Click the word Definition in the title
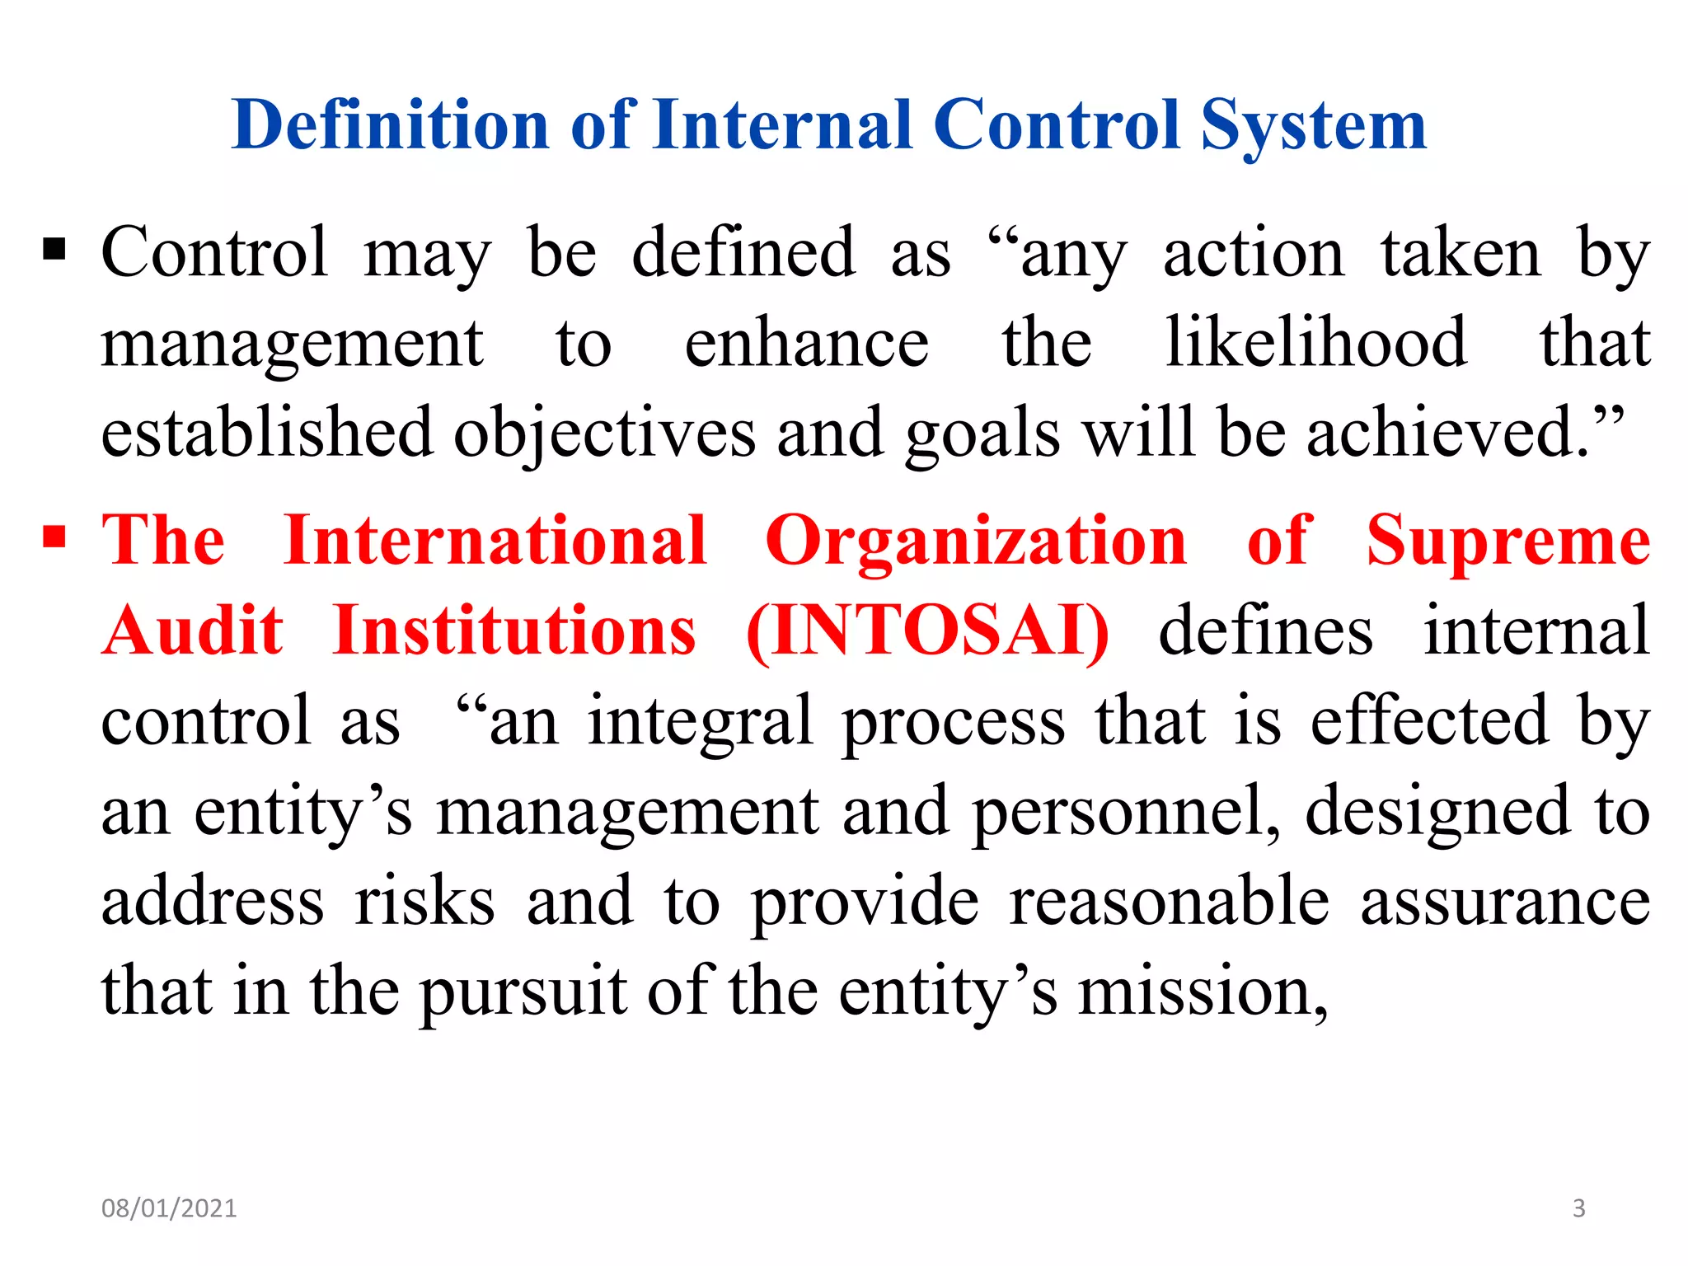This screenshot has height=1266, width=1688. pyautogui.click(x=391, y=125)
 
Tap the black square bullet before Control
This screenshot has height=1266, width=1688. pyautogui.click(x=54, y=248)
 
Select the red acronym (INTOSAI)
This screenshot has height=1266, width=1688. pyautogui.click(x=928, y=631)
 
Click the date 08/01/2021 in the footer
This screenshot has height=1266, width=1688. pyautogui.click(x=169, y=1208)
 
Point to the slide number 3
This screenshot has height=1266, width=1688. pyautogui.click(x=1579, y=1208)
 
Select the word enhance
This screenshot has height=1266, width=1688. pyautogui.click(x=806, y=345)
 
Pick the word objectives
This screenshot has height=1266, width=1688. pyautogui.click(x=605, y=434)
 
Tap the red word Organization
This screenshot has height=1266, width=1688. pyautogui.click(x=977, y=542)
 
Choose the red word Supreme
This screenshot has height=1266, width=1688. pyautogui.click(x=1508, y=542)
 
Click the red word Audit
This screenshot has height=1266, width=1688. pyautogui.click(x=194, y=631)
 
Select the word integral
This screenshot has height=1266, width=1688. pyautogui.click(x=701, y=722)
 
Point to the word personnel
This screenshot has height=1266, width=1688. pyautogui.click(x=1126, y=812)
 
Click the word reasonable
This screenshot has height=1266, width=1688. pyautogui.click(x=1170, y=901)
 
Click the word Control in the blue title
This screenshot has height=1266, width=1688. pyautogui.click(x=1057, y=125)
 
